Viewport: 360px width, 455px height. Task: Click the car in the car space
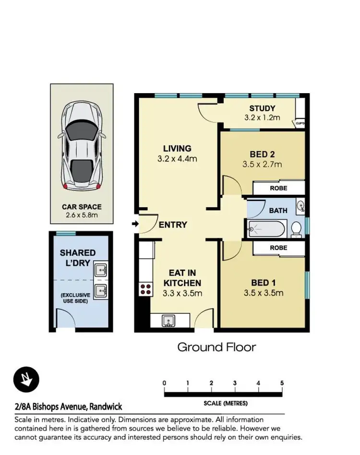[x=82, y=145]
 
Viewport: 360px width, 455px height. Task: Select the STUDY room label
[x=262, y=108]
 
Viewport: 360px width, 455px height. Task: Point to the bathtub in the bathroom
[x=266, y=230]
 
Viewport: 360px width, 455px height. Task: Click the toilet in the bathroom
[x=297, y=229]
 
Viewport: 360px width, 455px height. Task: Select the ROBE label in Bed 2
[x=278, y=189]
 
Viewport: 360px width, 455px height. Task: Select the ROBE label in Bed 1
[x=278, y=248]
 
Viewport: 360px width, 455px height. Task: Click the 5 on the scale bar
[x=282, y=383]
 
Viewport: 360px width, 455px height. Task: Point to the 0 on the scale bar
[x=164, y=383]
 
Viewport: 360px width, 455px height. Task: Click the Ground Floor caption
[x=216, y=347]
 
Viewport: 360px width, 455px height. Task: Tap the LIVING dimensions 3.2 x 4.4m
[x=177, y=158]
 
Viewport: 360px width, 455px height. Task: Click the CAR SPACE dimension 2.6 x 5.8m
[x=82, y=215]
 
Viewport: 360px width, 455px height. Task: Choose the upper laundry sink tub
[x=101, y=270]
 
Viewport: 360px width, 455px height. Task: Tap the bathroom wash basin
[x=300, y=207]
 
